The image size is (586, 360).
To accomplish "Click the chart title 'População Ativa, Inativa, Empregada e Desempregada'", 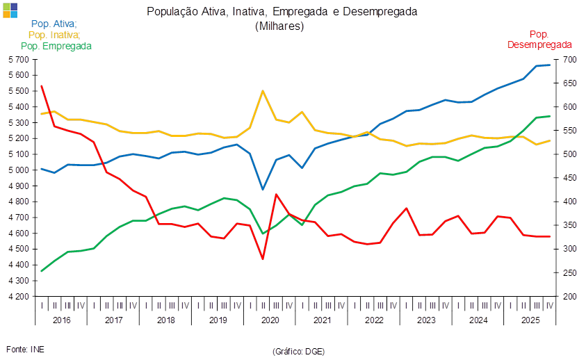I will click(x=282, y=12).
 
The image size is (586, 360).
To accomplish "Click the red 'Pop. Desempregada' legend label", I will click(x=539, y=39).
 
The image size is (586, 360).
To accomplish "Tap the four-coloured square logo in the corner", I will click(x=10, y=10).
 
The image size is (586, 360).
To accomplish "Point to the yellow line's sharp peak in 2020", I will click(x=263, y=91).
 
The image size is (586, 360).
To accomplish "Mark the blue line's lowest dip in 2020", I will click(x=263, y=189).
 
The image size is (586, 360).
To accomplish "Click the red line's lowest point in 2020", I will click(x=263, y=259).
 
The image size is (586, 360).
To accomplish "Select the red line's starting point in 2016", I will click(x=42, y=85).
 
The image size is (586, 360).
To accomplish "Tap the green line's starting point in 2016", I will click(x=42, y=271).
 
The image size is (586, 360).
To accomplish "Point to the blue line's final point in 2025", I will click(x=550, y=65).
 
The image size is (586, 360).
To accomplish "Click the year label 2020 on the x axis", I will click(x=269, y=320).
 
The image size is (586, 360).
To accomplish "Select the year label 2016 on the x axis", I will click(x=61, y=320).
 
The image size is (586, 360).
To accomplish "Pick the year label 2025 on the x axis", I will click(x=531, y=320).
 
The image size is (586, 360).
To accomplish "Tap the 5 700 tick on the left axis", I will click(x=19, y=60).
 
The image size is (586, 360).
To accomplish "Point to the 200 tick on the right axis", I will click(x=568, y=297).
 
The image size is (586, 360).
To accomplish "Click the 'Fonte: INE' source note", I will click(x=25, y=349).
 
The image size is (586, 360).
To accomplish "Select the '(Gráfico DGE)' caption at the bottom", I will click(x=298, y=352).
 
